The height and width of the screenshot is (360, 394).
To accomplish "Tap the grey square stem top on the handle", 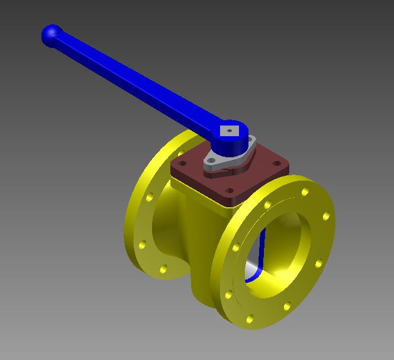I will coord(228,131).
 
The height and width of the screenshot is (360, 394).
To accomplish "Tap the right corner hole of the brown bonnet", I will coord(276,163).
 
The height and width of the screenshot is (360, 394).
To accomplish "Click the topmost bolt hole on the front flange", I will coord(305,192).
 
